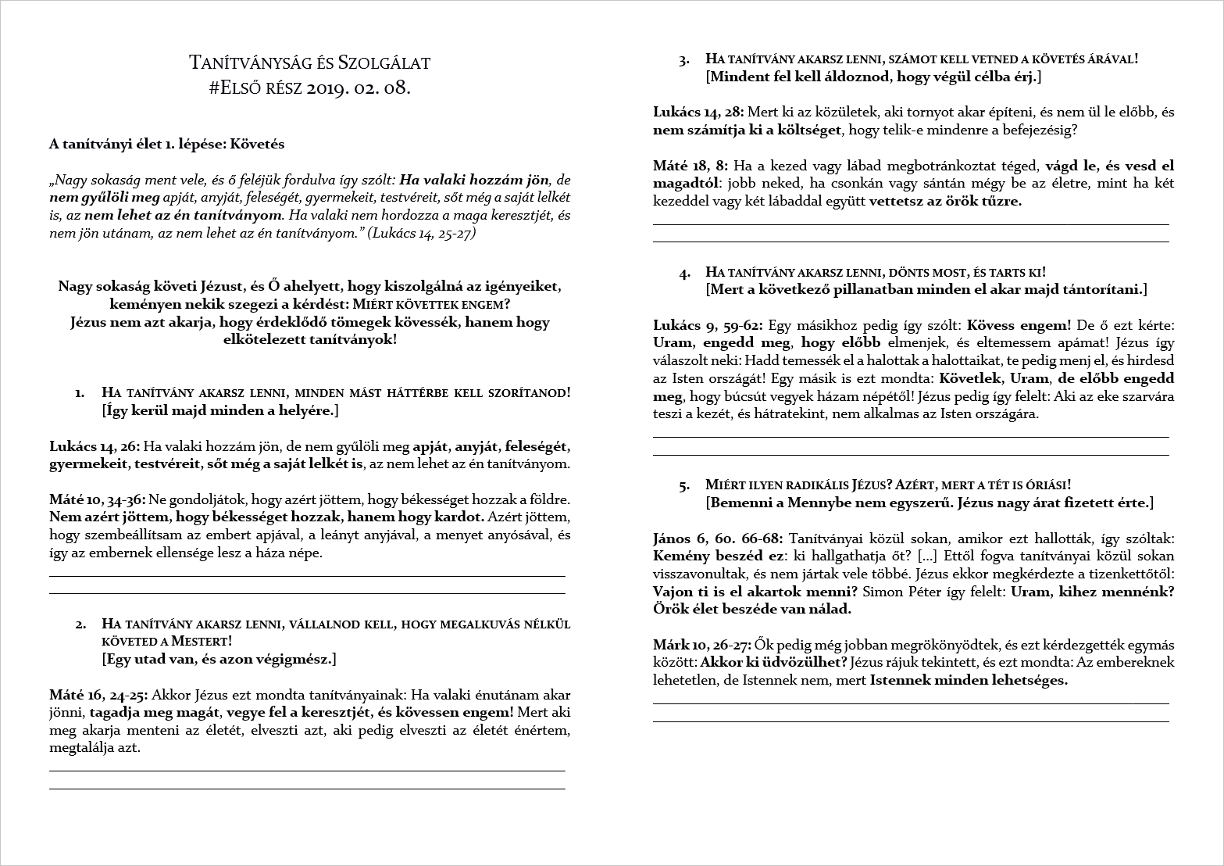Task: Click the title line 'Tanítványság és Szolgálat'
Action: coord(309,63)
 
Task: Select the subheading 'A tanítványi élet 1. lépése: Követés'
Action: coord(166,144)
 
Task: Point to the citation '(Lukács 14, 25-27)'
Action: coord(421,233)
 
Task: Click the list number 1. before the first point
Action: coord(80,392)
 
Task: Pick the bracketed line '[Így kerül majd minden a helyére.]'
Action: coord(219,410)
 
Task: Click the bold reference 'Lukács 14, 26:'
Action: coord(95,446)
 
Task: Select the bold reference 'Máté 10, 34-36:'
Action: coord(97,499)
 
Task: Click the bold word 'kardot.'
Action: coord(460,517)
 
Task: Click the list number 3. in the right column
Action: coord(684,59)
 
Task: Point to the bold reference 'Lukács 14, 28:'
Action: coord(698,112)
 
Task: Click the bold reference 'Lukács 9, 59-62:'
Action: coord(708,324)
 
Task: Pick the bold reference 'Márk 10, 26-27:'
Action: coord(702,645)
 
